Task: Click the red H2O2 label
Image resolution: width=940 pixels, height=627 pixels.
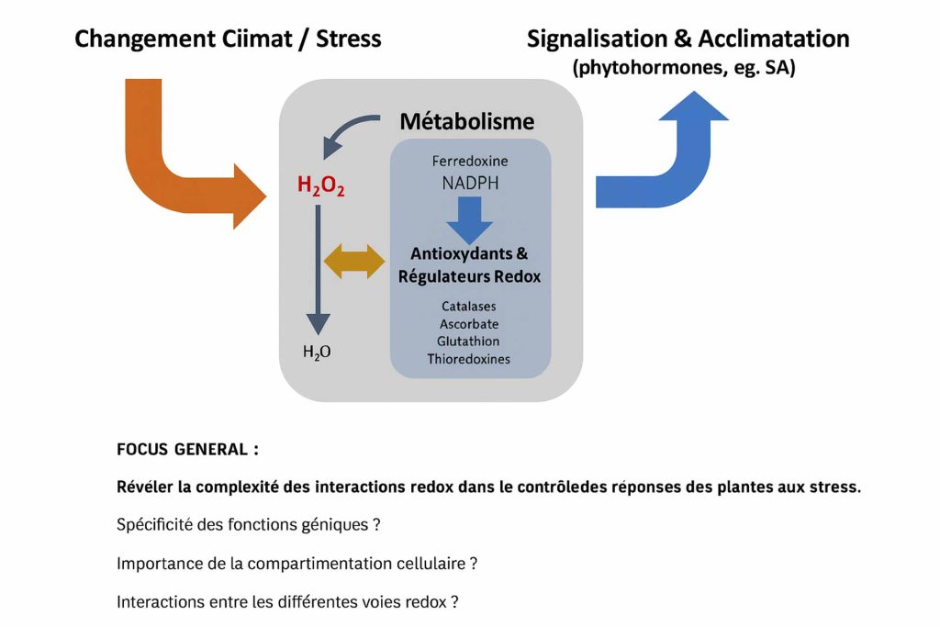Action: click(320, 185)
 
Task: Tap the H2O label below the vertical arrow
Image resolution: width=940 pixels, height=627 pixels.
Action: click(317, 352)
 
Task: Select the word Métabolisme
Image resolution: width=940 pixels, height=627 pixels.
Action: click(467, 122)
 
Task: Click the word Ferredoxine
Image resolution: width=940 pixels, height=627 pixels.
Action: click(470, 161)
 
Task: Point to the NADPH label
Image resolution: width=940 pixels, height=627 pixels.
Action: click(471, 183)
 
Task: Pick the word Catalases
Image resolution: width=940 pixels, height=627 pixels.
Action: click(469, 307)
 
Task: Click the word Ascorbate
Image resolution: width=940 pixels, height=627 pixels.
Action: click(469, 324)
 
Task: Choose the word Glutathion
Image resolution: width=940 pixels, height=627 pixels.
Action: click(468, 341)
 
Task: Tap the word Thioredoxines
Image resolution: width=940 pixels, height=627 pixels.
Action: click(469, 359)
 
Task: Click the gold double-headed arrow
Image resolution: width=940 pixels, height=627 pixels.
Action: click(354, 262)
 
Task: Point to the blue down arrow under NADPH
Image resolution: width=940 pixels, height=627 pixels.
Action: click(469, 218)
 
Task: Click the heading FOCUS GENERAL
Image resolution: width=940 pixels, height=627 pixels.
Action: click(187, 450)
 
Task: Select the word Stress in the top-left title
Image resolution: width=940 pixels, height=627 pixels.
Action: click(348, 39)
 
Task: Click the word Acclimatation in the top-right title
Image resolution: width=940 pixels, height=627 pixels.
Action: click(774, 39)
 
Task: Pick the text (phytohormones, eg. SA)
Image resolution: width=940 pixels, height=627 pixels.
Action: click(684, 67)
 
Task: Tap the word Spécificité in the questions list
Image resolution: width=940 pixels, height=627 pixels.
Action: click(154, 525)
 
